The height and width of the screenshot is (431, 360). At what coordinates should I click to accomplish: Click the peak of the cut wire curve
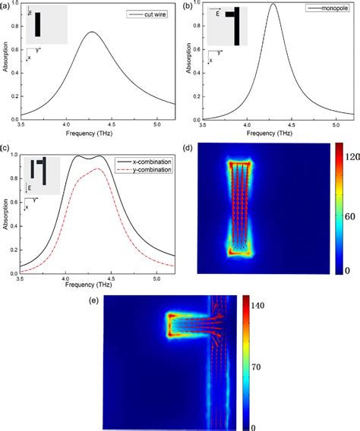point(92,33)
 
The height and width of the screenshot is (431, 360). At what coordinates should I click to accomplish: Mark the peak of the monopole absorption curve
point(273,5)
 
